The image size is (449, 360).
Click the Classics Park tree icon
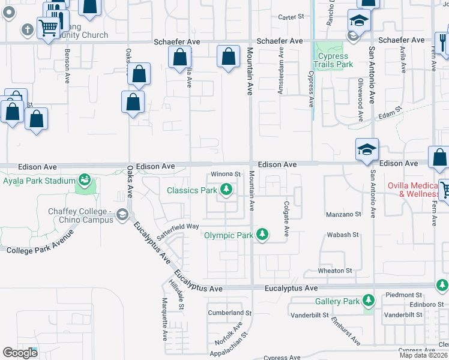(x=226, y=190)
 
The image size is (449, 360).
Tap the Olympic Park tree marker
(x=262, y=235)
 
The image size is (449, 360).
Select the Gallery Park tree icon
(x=368, y=301)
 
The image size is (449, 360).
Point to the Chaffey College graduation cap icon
(x=122, y=214)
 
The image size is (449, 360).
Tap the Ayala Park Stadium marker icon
(x=85, y=180)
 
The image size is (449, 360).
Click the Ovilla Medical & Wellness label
(x=417, y=190)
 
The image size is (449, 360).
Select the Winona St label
(x=225, y=175)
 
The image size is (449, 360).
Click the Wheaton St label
(x=335, y=271)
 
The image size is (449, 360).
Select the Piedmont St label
(x=405, y=295)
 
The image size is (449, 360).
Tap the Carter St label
(x=292, y=17)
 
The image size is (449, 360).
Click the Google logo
(x=20, y=353)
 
